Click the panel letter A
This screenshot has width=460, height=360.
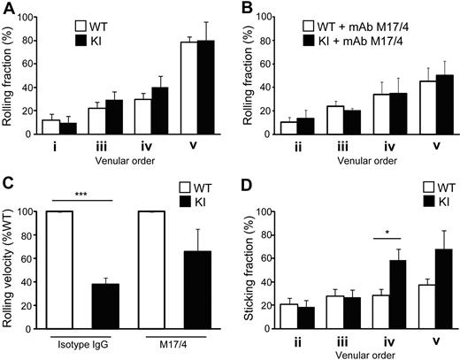click(8, 9)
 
